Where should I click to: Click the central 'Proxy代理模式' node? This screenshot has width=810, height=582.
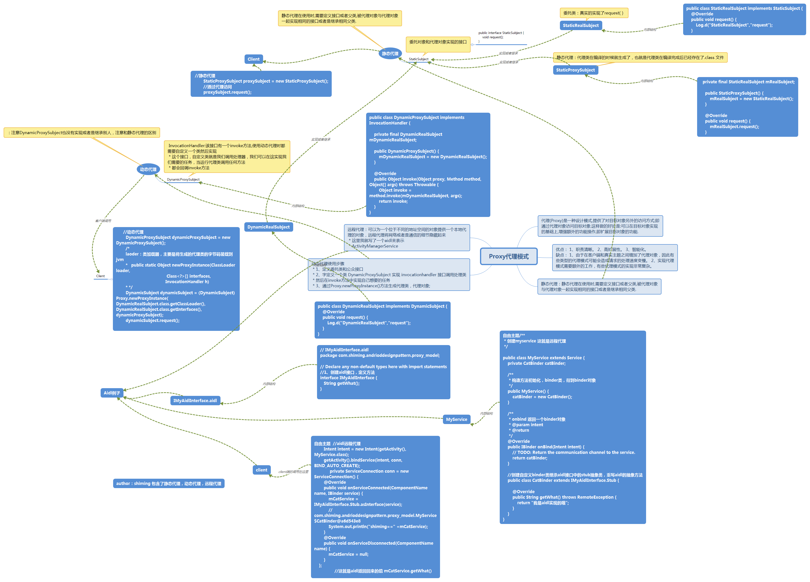pos(509,256)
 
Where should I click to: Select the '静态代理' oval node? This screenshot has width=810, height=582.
pos(390,54)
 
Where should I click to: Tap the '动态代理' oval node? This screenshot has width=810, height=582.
pos(148,169)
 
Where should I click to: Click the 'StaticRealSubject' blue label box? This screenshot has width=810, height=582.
pos(581,25)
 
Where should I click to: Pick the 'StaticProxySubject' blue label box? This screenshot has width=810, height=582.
pos(575,70)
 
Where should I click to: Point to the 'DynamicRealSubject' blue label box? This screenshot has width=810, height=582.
pos(269,227)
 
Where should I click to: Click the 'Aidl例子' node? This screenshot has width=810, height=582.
pos(112,393)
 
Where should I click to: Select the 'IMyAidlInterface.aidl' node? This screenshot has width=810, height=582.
pos(195,400)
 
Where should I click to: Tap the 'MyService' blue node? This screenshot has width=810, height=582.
pos(456,419)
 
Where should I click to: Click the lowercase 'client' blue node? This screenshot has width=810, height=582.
pos(261,470)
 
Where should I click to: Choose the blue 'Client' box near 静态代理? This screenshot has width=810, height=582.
pos(253,59)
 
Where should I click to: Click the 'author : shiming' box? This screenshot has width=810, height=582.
pos(168,483)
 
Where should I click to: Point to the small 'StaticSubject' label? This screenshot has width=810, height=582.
pos(419,59)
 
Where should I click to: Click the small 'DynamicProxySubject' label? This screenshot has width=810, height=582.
pos(183,179)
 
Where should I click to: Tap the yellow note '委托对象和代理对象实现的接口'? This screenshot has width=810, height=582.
pos(438,42)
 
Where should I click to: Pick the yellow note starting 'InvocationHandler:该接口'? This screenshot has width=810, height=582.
pos(227,157)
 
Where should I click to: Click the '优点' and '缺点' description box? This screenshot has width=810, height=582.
pos(615,258)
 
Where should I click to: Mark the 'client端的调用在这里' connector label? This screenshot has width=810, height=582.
pos(293,472)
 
